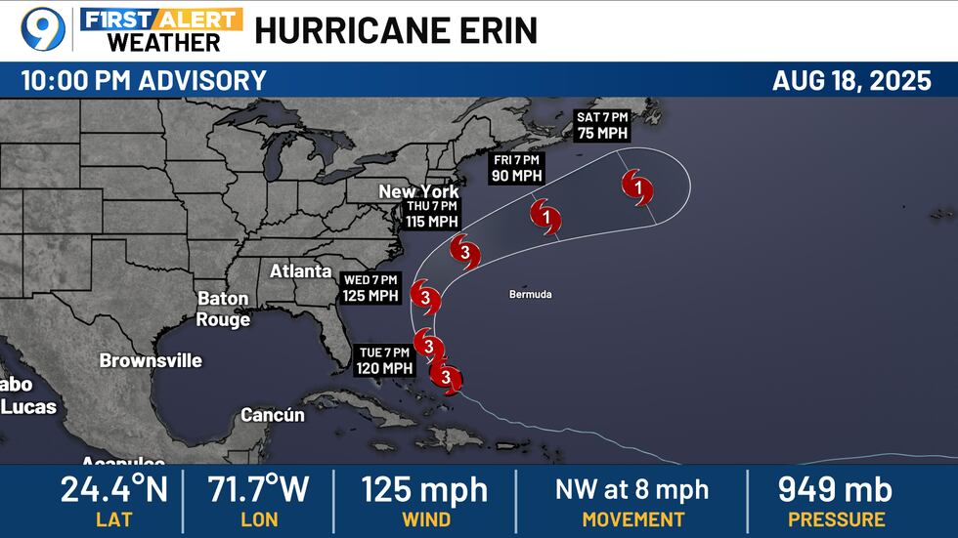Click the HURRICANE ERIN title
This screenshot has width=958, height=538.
coord(396,30)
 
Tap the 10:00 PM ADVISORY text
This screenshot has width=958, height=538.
coord(144,80)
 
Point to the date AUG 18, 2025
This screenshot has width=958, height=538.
coord(851,80)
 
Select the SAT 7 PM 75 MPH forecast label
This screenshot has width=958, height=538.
coord(601,126)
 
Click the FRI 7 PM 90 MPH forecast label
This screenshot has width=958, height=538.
coord(517,167)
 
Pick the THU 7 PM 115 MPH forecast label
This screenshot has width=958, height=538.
coord(432,214)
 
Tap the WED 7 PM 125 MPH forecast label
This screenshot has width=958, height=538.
coord(370,288)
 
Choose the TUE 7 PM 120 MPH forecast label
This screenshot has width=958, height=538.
coord(382,360)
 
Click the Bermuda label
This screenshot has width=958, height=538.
coord(531,294)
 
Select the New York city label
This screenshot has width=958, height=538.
coord(418,191)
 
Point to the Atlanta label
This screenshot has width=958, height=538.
coord(300,270)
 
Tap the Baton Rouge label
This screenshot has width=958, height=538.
coord(223,309)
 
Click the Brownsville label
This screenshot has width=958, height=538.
coord(151,360)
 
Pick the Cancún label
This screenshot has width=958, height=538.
coord(273,415)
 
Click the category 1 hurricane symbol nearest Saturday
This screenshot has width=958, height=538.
coord(636,186)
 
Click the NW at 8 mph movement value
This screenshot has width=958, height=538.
coord(632,489)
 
